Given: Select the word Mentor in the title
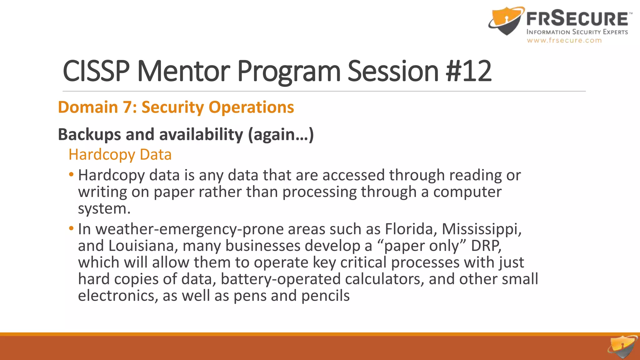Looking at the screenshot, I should pos(184,71).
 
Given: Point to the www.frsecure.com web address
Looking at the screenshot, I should pos(564,40).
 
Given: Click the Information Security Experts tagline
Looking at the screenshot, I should pos(577,32).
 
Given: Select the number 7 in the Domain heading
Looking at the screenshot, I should pos(127,107).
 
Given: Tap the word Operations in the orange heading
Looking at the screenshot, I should pos(251,107).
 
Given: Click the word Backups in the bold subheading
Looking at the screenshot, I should pos(89,134).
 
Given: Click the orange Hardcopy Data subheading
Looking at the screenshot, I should pos(120,154).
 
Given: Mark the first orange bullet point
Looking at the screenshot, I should pos(71,174).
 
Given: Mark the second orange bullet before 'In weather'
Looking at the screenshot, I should pos(71,228).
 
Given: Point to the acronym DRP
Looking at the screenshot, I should pos(486,246).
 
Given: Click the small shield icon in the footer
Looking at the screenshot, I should pos(622,347).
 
